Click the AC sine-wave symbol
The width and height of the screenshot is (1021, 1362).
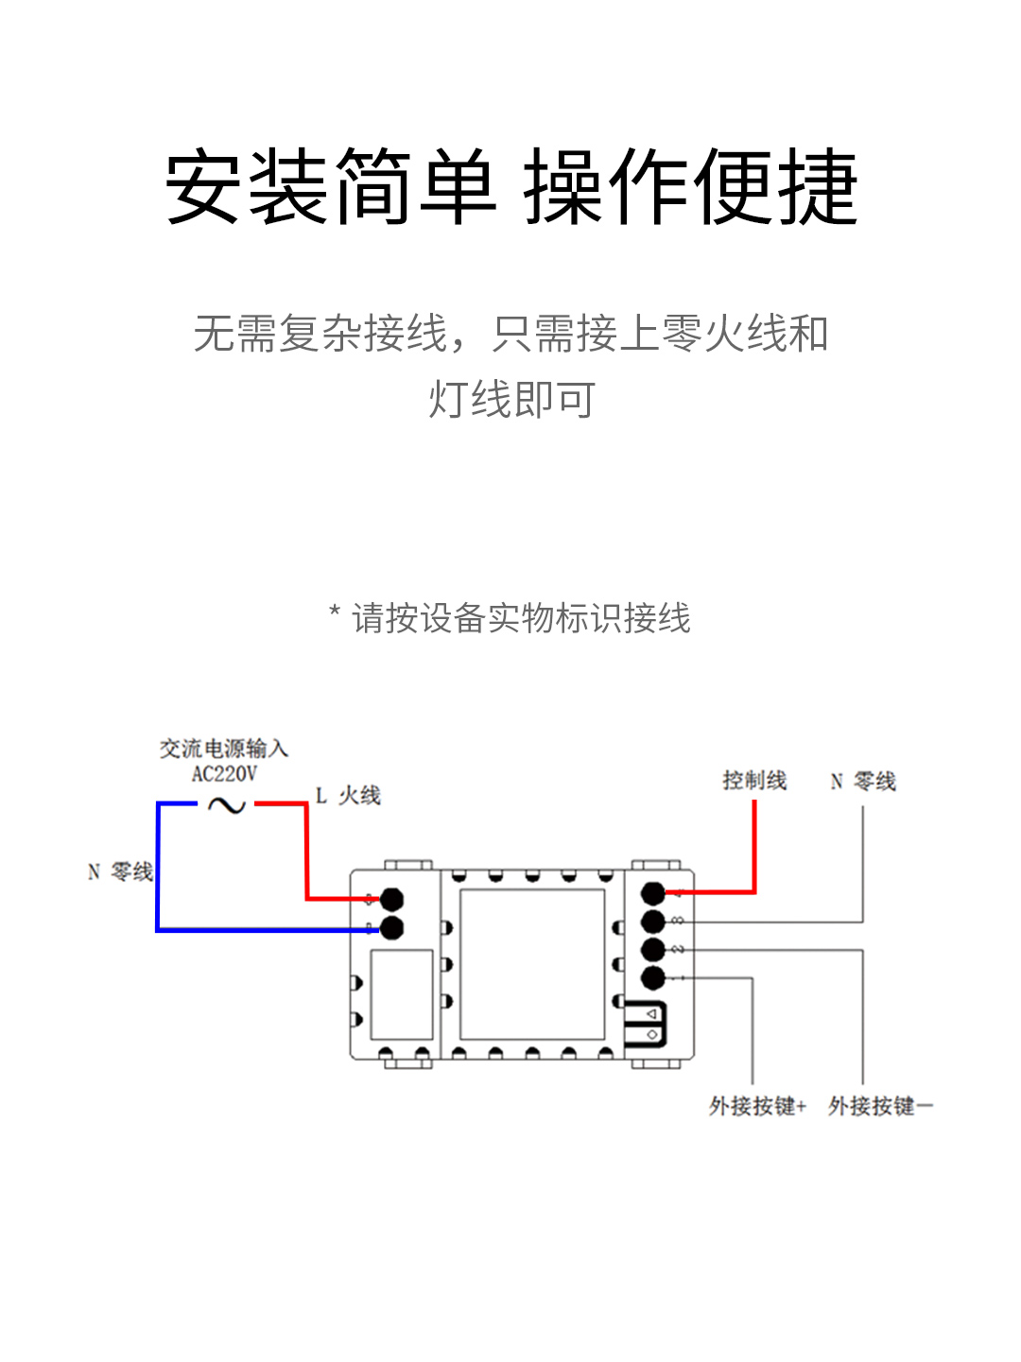226,805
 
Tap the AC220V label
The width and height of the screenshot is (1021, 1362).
224,774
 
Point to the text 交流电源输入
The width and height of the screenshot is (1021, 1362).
224,749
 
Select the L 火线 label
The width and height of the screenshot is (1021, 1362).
348,796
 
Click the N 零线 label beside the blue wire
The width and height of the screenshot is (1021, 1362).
120,871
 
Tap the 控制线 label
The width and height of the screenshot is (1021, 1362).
754,780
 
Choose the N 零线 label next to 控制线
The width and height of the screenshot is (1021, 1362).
863,782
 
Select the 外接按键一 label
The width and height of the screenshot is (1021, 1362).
880,1106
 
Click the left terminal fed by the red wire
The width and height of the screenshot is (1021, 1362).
391,899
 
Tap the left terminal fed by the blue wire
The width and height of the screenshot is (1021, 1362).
391,927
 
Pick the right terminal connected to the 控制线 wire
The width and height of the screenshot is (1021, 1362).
653,893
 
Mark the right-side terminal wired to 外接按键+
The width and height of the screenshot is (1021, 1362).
653,977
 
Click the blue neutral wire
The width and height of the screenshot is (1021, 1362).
158,879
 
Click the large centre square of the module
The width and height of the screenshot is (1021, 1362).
531,964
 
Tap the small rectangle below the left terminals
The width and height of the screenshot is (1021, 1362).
402,994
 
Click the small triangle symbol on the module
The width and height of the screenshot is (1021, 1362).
652,1014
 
